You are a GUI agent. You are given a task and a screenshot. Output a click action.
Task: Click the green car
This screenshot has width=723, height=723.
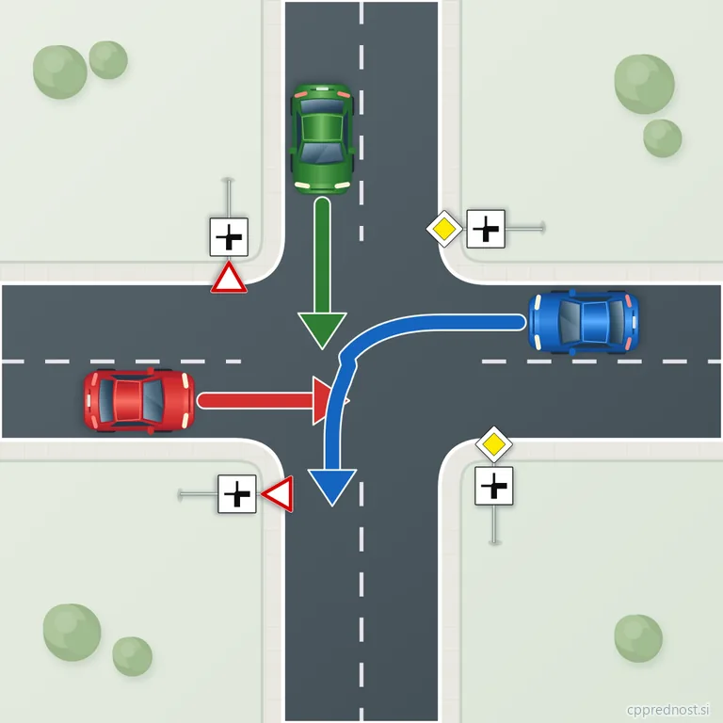[322, 138]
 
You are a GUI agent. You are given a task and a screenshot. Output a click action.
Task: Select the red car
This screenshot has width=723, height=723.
[138, 401]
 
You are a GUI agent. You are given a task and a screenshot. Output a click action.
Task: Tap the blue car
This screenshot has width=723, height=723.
[584, 322]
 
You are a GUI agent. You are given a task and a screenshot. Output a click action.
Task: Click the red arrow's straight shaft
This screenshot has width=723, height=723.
[256, 401]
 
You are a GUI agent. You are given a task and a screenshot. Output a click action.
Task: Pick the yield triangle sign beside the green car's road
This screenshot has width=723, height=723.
[229, 278]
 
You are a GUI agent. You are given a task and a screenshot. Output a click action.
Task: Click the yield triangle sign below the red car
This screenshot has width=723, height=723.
[278, 494]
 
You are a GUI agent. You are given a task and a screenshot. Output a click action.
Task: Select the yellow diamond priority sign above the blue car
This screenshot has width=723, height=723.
[444, 229]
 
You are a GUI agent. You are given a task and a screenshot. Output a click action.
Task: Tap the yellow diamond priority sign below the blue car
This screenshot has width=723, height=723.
[494, 444]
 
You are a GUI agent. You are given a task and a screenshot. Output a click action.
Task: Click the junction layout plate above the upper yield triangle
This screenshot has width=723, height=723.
[229, 237]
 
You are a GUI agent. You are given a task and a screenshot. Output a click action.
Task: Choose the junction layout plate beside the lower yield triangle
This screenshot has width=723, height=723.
[237, 494]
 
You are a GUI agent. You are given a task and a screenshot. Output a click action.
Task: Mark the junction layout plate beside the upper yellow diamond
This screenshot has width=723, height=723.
[486, 229]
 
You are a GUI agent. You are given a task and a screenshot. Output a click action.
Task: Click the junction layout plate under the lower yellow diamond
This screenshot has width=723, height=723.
[494, 486]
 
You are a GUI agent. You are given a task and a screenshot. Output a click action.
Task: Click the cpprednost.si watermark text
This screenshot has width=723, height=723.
[667, 709]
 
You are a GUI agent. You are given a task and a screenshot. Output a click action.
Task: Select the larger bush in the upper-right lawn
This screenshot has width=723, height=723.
[644, 84]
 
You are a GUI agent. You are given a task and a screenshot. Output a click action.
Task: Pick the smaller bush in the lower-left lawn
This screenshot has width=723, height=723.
[133, 656]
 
